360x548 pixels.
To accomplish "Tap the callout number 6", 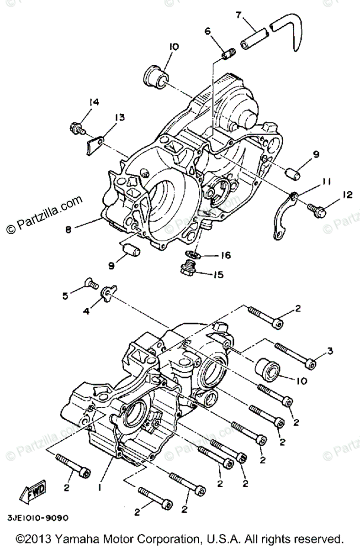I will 207,31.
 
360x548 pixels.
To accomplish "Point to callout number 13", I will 119,118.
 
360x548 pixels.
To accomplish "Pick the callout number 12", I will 348,195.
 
